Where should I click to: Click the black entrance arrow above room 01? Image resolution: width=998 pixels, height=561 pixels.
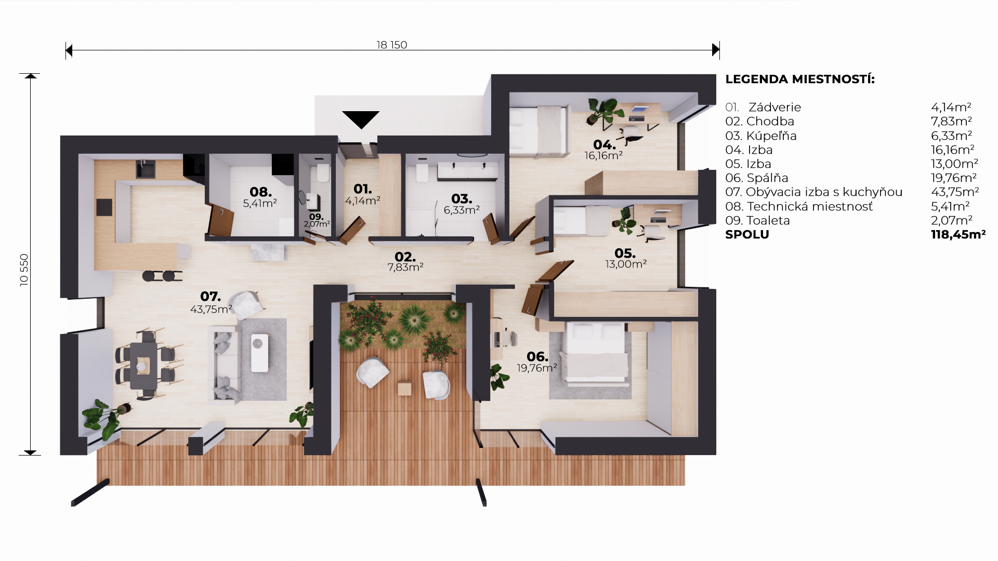tap(361, 119)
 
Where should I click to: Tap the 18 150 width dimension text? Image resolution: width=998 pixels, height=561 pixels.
tap(392, 45)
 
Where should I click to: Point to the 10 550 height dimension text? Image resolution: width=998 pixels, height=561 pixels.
tap(24, 270)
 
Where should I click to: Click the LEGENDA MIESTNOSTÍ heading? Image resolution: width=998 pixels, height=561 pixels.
tap(800, 79)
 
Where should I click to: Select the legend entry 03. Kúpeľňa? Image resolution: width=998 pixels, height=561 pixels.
tap(761, 136)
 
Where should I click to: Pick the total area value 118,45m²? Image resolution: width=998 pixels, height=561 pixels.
tap(958, 234)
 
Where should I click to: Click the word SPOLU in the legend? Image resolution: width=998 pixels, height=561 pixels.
tap(747, 234)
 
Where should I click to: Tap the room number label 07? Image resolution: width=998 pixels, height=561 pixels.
tap(211, 297)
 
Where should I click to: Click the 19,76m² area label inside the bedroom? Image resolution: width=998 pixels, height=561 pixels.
tap(537, 368)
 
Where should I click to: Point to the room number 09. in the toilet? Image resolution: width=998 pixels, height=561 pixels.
tap(316, 217)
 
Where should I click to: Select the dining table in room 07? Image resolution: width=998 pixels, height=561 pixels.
tap(143, 366)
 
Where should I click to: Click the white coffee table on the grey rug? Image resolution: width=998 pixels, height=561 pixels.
tap(260, 353)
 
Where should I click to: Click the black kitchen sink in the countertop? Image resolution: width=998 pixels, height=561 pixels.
tap(146, 169)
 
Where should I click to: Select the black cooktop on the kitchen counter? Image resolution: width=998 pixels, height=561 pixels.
tap(104, 207)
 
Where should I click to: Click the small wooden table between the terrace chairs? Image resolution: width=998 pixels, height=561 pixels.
tap(404, 389)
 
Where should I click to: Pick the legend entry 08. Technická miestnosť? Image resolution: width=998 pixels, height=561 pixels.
tap(799, 206)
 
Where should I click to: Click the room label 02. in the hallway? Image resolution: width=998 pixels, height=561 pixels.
tap(405, 257)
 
